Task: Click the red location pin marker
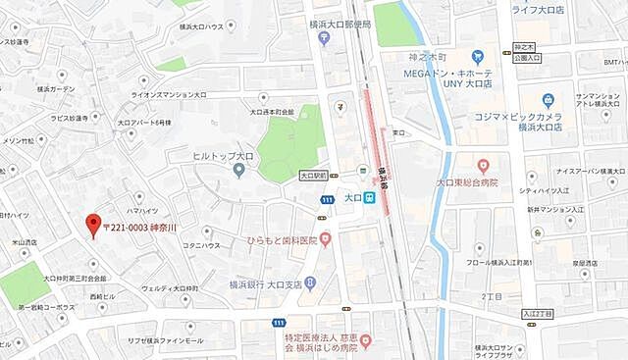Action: [93, 224]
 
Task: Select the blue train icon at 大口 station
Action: [369, 198]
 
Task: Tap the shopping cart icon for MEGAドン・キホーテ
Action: [478, 56]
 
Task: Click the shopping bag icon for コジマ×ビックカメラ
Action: [548, 99]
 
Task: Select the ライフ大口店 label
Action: [539, 10]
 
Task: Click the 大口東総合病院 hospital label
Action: [466, 182]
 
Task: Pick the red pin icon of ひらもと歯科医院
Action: [326, 240]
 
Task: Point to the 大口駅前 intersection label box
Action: [312, 177]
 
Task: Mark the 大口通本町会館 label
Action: [260, 113]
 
